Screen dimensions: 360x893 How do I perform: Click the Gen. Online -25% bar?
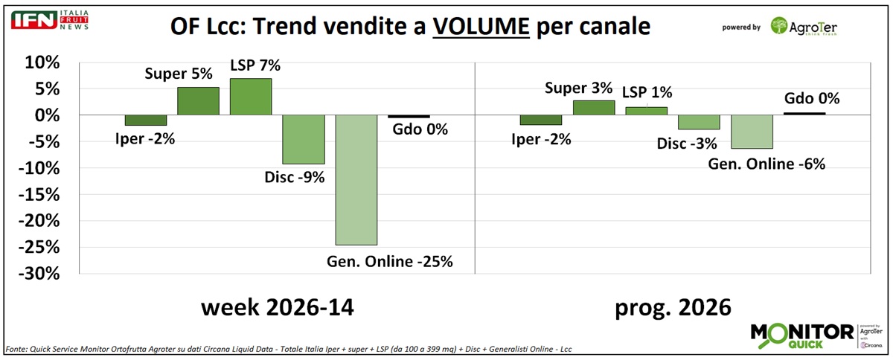[x=356, y=180]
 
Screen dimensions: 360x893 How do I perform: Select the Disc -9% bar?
[x=304, y=139]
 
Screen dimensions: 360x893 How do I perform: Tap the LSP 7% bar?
[x=251, y=97]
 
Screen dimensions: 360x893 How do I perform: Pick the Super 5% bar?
[x=198, y=101]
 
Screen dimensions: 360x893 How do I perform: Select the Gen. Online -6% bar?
[x=752, y=132]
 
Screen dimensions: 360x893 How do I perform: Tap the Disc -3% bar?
[x=699, y=122]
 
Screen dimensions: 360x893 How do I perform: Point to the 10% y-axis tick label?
[x=41, y=62]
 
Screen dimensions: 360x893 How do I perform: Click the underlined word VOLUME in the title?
[x=481, y=28]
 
